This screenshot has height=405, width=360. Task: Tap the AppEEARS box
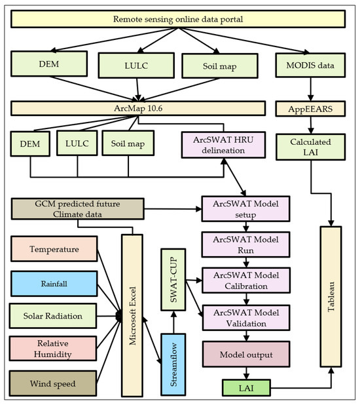click(306, 107)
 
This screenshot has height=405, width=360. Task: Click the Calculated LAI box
click(306, 147)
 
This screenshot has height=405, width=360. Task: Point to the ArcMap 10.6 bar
click(138, 107)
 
